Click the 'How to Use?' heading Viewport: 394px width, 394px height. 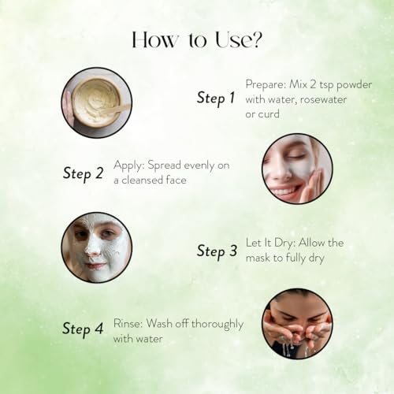click(x=197, y=40)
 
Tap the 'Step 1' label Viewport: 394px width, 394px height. click(x=216, y=98)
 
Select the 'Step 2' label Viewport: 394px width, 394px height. click(x=83, y=174)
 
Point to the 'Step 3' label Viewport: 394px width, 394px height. click(x=217, y=251)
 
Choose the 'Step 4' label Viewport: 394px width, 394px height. click(x=83, y=329)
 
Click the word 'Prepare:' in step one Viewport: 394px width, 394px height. click(x=266, y=85)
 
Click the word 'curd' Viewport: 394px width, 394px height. click(x=269, y=114)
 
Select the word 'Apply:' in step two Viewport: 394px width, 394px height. click(x=129, y=165)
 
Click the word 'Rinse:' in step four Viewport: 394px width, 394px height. click(x=128, y=323)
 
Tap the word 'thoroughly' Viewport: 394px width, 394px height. click(x=217, y=324)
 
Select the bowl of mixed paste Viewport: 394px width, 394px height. click(x=96, y=102)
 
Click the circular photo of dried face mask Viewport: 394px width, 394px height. click(x=97, y=247)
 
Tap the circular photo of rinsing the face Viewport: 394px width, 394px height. click(x=297, y=324)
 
